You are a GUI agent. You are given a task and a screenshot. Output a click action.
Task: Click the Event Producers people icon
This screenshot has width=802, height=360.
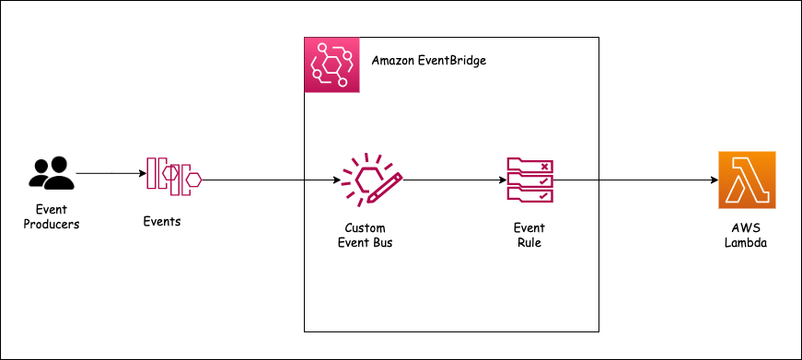click(x=52, y=173)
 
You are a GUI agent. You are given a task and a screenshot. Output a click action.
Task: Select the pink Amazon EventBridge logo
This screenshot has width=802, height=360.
click(x=331, y=65)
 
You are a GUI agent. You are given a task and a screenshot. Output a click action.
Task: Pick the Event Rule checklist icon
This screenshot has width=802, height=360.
click(x=529, y=180)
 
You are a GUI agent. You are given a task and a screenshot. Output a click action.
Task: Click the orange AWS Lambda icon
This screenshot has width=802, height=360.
click(x=747, y=179)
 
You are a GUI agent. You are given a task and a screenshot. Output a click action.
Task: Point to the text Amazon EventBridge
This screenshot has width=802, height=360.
click(x=428, y=62)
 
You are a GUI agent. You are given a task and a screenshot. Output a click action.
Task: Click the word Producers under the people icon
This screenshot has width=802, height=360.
click(x=52, y=223)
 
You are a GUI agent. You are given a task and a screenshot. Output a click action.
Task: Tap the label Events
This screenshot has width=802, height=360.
click(x=162, y=221)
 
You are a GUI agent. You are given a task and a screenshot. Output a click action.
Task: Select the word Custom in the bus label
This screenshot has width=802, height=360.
click(x=366, y=227)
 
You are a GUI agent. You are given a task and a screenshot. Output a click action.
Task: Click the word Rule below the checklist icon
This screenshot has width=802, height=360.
click(x=529, y=243)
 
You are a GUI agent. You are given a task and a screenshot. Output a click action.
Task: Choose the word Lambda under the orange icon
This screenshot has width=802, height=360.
click(x=747, y=243)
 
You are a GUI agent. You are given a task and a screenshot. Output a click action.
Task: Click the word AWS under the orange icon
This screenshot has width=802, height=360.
click(x=747, y=227)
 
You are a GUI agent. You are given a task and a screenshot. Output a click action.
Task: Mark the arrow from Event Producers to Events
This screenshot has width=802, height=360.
click(x=110, y=173)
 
